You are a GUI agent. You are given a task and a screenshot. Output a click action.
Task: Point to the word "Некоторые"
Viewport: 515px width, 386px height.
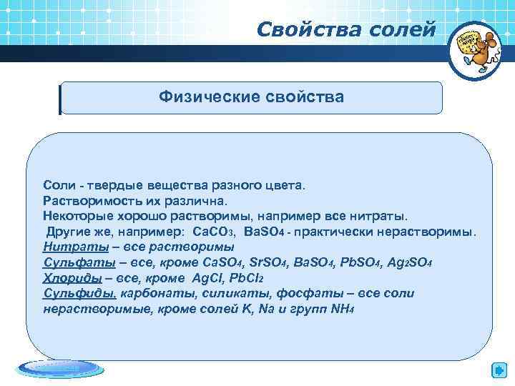(74, 216)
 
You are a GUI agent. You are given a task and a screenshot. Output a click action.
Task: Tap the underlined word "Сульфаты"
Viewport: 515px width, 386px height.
(69, 262)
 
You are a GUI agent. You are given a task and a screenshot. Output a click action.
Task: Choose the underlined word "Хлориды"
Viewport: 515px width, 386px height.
(67, 278)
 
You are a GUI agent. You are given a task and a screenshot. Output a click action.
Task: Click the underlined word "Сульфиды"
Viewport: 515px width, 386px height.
(71, 294)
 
